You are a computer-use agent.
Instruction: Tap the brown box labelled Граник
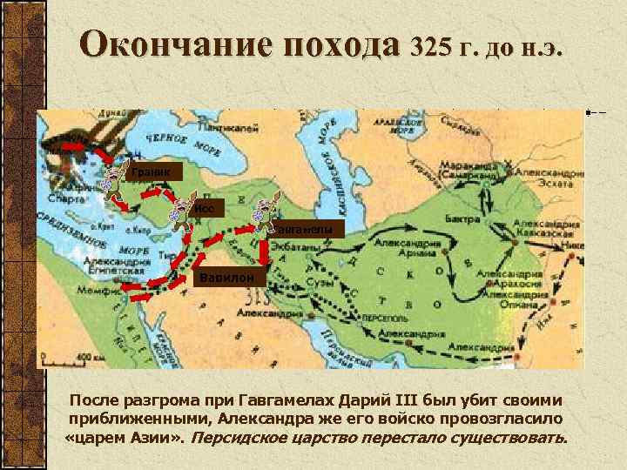click(153, 171)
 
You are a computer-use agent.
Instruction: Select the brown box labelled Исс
click(211, 208)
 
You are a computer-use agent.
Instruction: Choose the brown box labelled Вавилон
click(226, 278)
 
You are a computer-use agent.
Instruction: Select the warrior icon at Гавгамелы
click(260, 215)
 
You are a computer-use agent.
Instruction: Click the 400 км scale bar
click(73, 357)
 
